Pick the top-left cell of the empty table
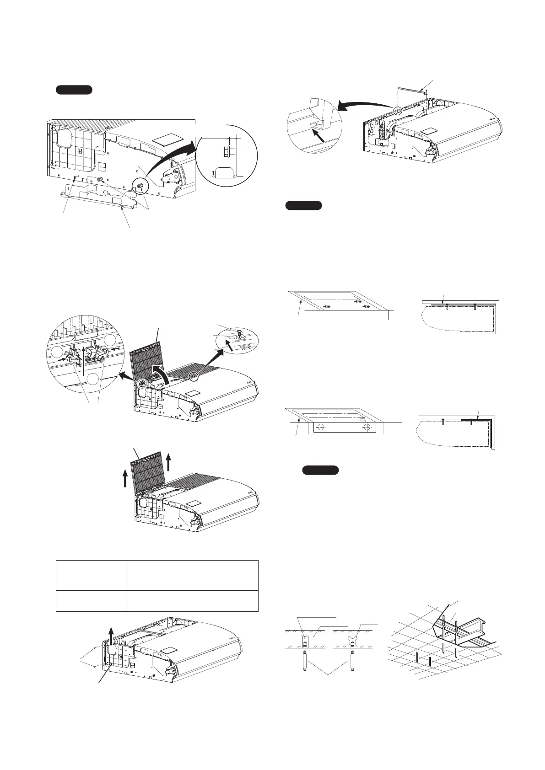pyautogui.click(x=91, y=575)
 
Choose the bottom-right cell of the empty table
pyautogui.click(x=192, y=601)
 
